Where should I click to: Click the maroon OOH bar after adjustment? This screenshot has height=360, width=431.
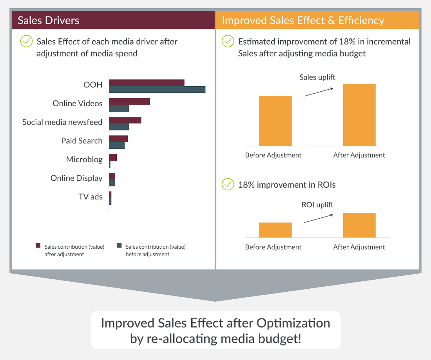(x=147, y=83)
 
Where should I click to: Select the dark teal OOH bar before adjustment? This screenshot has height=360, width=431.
(x=157, y=90)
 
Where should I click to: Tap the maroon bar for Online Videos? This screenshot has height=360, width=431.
(x=129, y=101)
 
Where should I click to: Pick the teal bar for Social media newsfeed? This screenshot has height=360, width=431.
(x=119, y=127)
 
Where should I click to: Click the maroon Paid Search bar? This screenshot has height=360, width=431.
(x=118, y=139)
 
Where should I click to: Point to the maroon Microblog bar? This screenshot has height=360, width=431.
(x=113, y=157)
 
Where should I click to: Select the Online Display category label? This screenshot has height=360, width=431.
(x=76, y=178)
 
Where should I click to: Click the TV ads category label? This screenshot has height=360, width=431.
(x=91, y=197)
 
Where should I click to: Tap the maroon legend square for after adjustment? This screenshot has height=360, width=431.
(x=38, y=245)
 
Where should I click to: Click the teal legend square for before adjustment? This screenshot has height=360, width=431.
(x=119, y=245)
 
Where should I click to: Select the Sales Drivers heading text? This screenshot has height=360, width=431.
(x=48, y=20)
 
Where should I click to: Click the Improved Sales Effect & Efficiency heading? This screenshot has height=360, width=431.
(x=303, y=20)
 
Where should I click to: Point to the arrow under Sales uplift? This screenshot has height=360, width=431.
(x=318, y=92)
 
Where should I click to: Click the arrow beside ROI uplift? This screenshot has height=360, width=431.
(x=318, y=219)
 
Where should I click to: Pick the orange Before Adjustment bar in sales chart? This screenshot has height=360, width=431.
(x=275, y=121)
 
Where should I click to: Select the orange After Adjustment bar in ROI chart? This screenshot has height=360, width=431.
(x=359, y=225)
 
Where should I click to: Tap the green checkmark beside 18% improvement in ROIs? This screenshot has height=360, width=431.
(x=228, y=185)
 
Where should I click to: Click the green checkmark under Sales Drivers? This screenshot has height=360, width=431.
(x=26, y=41)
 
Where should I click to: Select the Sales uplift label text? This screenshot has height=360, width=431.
(x=317, y=77)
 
